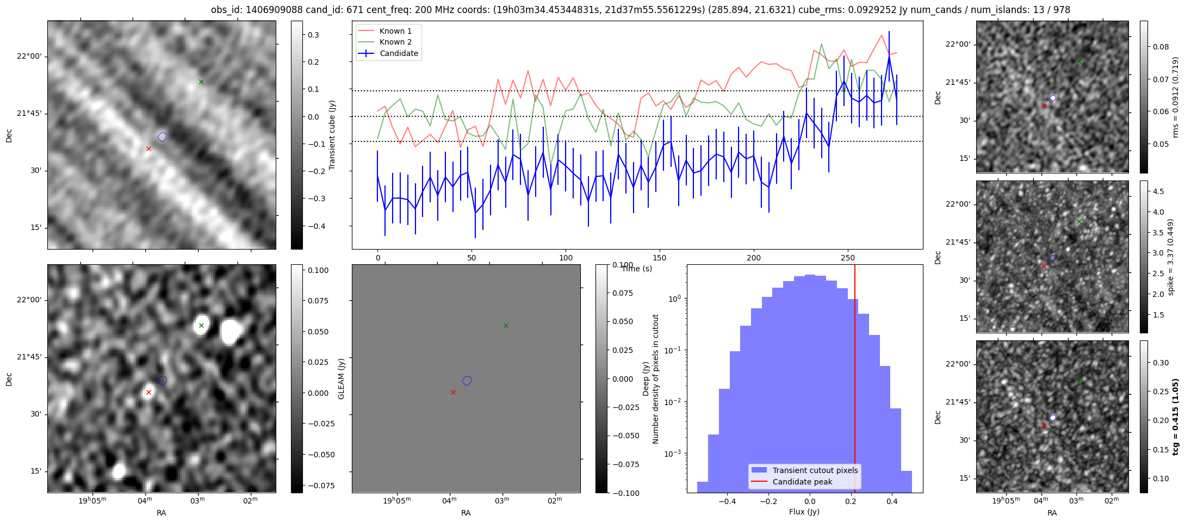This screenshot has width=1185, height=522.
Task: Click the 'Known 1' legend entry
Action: pyautogui.click(x=395, y=31)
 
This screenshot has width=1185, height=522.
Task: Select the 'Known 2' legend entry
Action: pyautogui.click(x=395, y=42)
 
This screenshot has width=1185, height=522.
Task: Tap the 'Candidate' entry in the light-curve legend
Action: pyautogui.click(x=399, y=53)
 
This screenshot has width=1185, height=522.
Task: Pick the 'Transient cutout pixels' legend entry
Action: pyautogui.click(x=815, y=470)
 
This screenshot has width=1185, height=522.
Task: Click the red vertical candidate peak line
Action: pyautogui.click(x=855, y=381)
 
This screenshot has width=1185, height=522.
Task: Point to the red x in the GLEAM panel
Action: pyautogui.click(x=453, y=392)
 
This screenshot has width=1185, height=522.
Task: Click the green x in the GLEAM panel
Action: pyautogui.click(x=506, y=325)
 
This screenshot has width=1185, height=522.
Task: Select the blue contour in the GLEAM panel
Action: pyautogui.click(x=467, y=381)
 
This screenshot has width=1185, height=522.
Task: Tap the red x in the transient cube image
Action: pyautogui.click(x=148, y=148)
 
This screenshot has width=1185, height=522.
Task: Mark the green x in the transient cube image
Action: pyautogui.click(x=201, y=82)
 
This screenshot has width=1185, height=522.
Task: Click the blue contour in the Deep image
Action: pyautogui.click(x=162, y=381)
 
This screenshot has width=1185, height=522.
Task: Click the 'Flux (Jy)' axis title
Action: pyautogui.click(x=804, y=512)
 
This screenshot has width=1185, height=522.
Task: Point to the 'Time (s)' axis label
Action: pyautogui.click(x=636, y=269)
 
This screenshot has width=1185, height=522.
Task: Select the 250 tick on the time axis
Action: pyautogui.click(x=848, y=258)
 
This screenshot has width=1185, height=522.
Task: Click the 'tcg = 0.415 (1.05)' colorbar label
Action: pyautogui.click(x=1175, y=417)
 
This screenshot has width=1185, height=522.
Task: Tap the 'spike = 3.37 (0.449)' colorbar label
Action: pyautogui.click(x=1171, y=257)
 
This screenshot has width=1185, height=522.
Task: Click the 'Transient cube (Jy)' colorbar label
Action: pyautogui.click(x=332, y=135)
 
